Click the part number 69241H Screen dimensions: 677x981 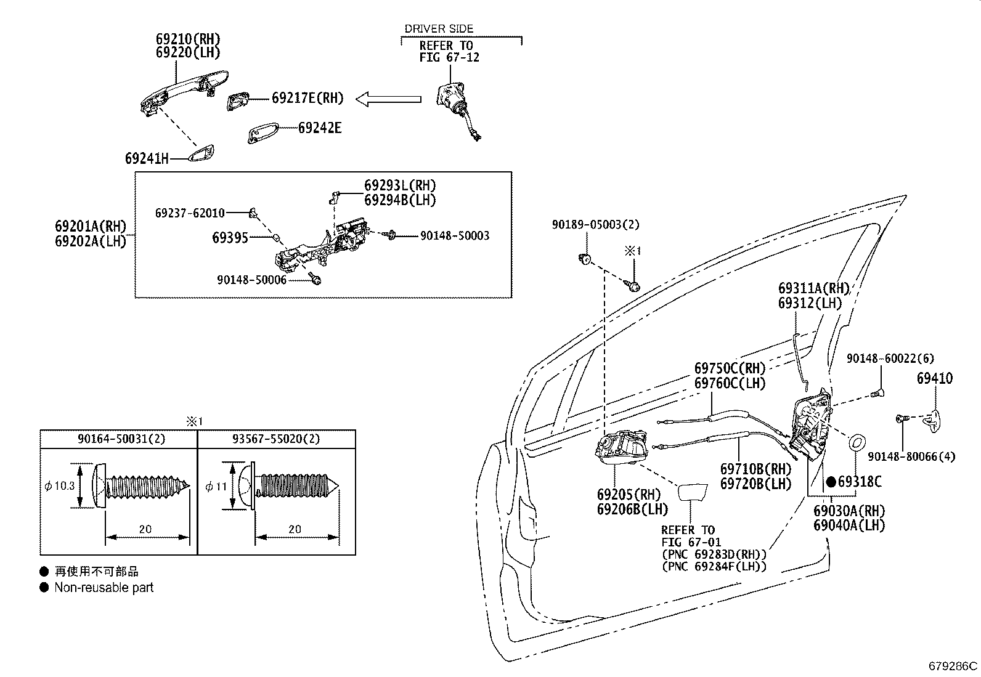pos(147,158)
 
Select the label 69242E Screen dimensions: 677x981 pos(319,128)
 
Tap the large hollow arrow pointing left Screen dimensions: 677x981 pos(389,99)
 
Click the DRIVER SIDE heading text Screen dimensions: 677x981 pos(439,28)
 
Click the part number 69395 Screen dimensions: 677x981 pos(230,237)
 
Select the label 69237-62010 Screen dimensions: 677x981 pos(190,213)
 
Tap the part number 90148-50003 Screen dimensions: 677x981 pos(455,235)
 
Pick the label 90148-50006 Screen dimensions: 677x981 pos(251,279)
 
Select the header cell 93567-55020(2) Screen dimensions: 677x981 pos(276,439)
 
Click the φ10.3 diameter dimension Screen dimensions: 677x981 pos(60,486)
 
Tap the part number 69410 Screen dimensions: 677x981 pos(934,379)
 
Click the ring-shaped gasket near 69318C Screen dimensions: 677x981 pos(857,442)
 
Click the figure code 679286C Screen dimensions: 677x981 pos(953,666)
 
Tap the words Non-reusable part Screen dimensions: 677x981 pos(104,588)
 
